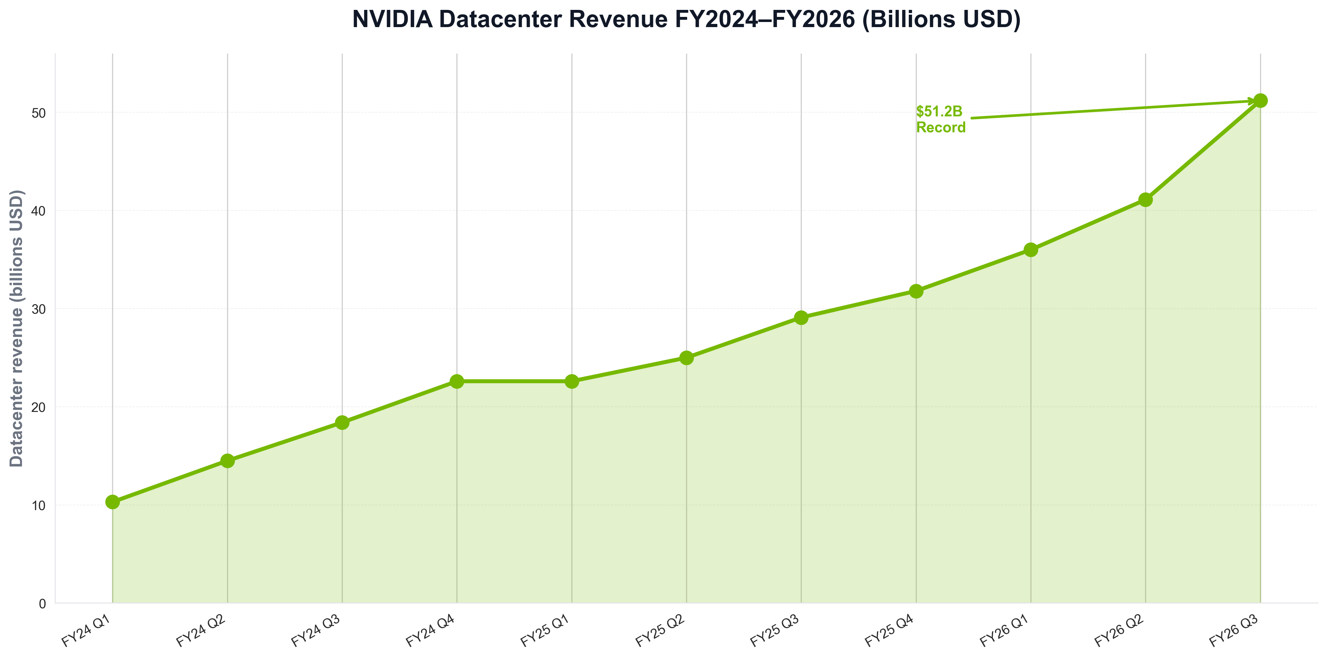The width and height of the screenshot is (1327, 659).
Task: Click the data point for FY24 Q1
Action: pyautogui.click(x=112, y=502)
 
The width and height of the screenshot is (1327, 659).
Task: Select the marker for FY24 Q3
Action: pyautogui.click(x=342, y=422)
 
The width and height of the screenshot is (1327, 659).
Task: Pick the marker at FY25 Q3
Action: pyautogui.click(x=801, y=317)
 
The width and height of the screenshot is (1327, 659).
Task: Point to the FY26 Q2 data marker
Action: pyautogui.click(x=1146, y=200)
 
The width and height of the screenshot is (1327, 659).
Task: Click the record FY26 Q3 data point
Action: pyautogui.click(x=1260, y=100)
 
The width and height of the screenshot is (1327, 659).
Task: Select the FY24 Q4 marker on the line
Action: pyautogui.click(x=457, y=381)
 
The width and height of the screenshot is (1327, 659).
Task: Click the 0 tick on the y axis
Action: pyautogui.click(x=42, y=603)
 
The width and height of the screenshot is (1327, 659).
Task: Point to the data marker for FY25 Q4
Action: pyautogui.click(x=916, y=291)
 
